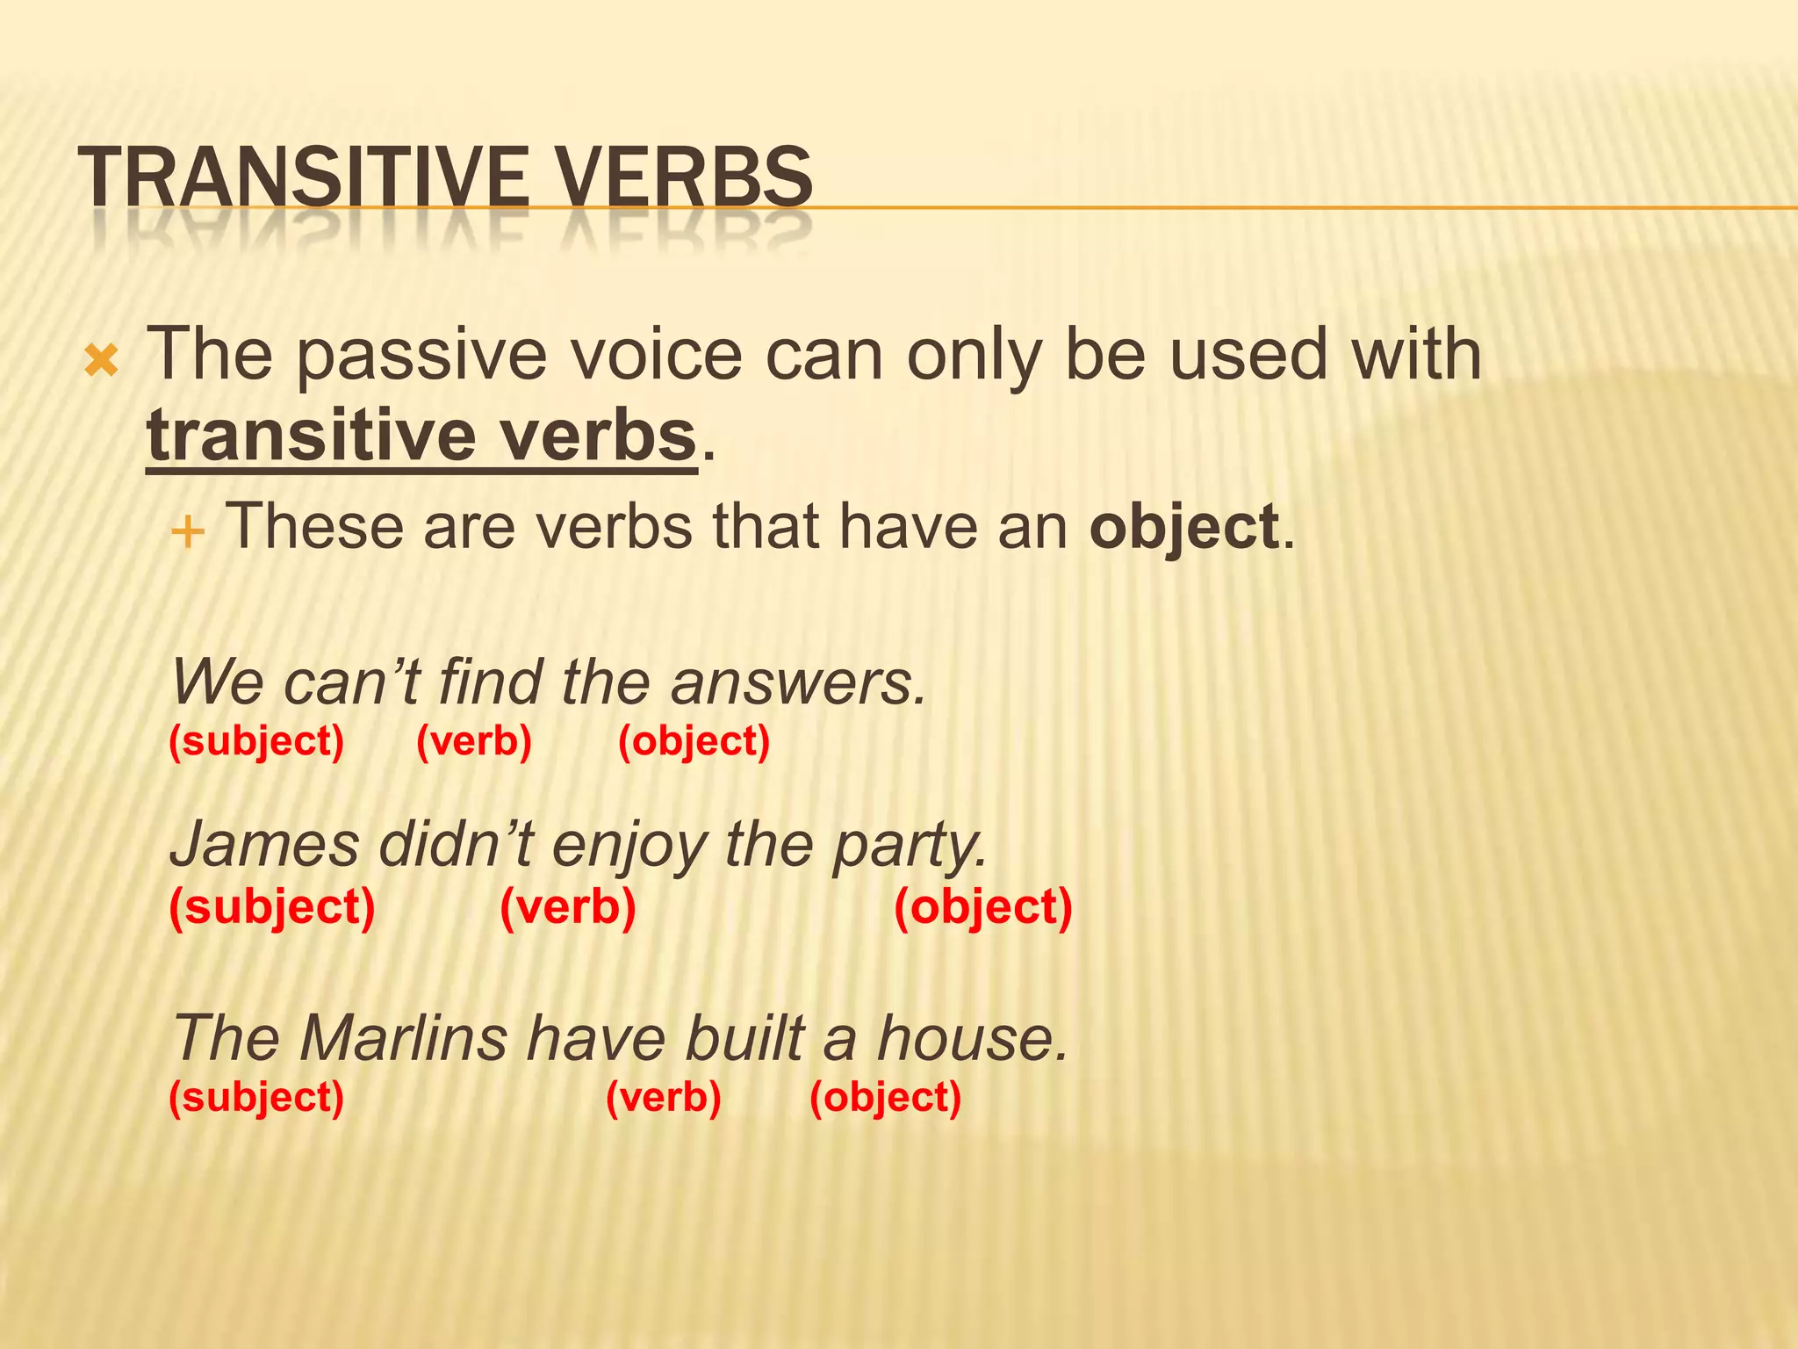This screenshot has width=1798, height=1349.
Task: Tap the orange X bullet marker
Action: tap(102, 361)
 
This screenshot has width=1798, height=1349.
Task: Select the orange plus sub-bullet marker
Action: tap(188, 532)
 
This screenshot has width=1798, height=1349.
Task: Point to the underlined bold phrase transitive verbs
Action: tap(421, 436)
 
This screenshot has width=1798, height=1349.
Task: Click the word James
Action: tap(264, 845)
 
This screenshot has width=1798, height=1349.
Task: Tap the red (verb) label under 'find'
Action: tap(474, 741)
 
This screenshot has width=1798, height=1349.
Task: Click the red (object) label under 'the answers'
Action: tap(694, 741)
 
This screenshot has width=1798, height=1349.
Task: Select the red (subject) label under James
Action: tap(272, 907)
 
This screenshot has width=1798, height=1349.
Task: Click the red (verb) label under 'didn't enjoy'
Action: tap(568, 907)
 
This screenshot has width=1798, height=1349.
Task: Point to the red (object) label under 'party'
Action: tap(983, 907)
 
